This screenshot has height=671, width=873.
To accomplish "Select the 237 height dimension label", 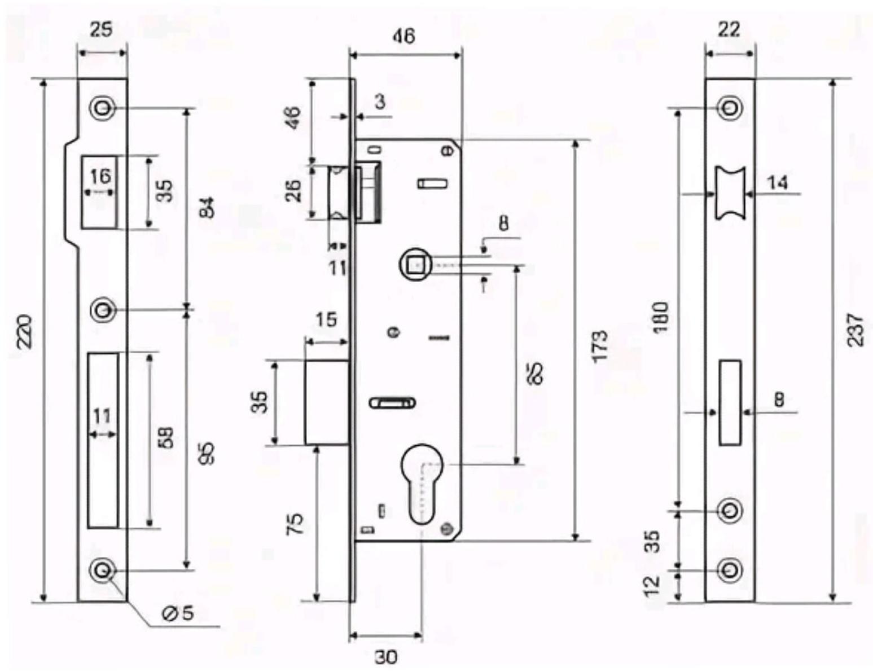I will [856, 330].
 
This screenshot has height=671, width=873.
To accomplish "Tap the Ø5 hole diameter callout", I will [178, 613].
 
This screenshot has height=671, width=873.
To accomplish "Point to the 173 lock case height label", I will [601, 346].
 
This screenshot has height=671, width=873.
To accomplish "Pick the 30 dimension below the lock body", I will [385, 657].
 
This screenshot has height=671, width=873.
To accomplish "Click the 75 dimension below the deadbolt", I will [296, 524].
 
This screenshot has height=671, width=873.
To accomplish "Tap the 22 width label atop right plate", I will [729, 29].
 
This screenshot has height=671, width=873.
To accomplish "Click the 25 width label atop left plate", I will [101, 29].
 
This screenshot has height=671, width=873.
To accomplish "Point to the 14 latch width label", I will [778, 183].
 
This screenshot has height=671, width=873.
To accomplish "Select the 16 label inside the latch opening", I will [100, 176].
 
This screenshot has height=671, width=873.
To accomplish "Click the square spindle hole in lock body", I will [416, 264].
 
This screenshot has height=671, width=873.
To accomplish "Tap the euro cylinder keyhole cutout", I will [423, 479].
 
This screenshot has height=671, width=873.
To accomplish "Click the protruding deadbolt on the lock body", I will [326, 402].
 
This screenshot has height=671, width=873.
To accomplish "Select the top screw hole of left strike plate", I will [102, 108].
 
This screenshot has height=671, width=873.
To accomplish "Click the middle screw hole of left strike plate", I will [102, 310].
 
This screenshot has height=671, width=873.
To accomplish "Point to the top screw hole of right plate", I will [730, 107].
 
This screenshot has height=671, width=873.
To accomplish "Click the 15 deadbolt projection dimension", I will [326, 320].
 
